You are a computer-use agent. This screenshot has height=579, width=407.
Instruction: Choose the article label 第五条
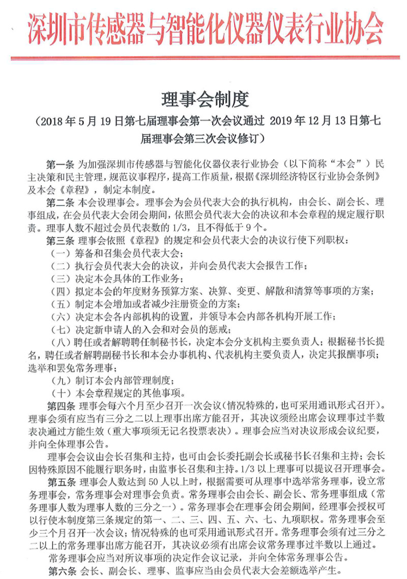click(61, 481)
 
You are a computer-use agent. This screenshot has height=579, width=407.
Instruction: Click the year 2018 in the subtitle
click(49, 122)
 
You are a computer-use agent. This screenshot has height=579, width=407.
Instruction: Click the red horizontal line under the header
click(203, 57)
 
